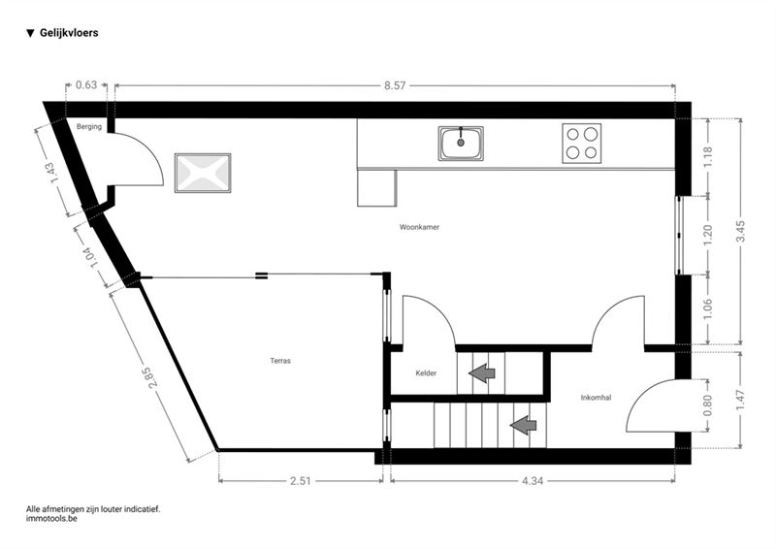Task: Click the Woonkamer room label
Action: click(x=419, y=227)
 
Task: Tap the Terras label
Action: click(x=280, y=361)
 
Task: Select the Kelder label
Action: click(x=426, y=373)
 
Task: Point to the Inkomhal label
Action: click(x=596, y=398)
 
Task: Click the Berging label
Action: click(x=89, y=127)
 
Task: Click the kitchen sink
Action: click(x=461, y=143)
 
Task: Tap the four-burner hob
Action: click(x=581, y=143)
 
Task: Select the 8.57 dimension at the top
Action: click(x=395, y=85)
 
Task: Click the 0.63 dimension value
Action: click(x=86, y=85)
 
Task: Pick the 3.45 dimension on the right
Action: click(x=740, y=231)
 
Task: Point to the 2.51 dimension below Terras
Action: click(x=301, y=481)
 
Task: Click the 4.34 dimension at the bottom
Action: click(x=532, y=481)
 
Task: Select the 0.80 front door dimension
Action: click(x=708, y=405)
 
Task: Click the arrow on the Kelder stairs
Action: click(x=481, y=372)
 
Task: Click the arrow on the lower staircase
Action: click(x=523, y=425)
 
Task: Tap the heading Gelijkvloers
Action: click(x=69, y=33)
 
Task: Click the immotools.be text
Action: click(x=51, y=519)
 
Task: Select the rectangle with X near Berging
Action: click(x=203, y=174)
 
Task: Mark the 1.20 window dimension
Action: click(x=708, y=235)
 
